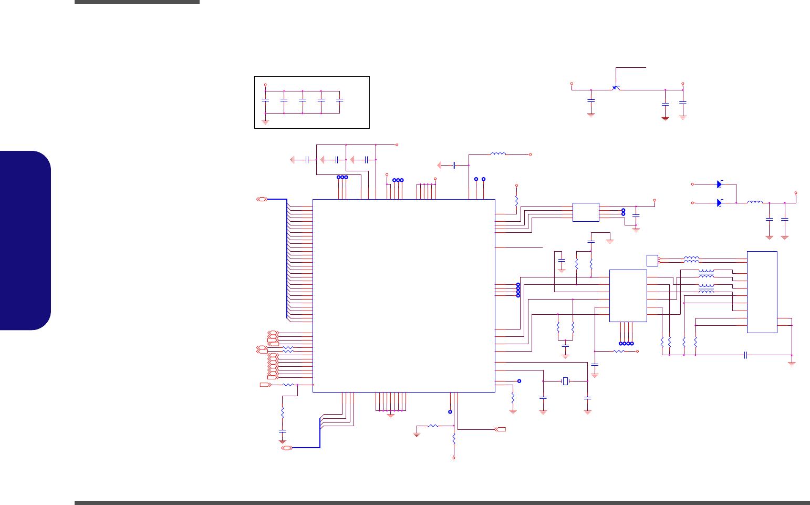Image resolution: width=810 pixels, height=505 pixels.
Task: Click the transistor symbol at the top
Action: (x=616, y=88)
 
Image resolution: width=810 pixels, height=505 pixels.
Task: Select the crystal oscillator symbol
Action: (x=565, y=381)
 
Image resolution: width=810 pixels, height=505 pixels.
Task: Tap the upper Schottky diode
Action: (x=719, y=184)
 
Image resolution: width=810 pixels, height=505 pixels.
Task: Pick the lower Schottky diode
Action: (x=719, y=203)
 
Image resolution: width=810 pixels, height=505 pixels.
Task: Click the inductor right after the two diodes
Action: (x=755, y=202)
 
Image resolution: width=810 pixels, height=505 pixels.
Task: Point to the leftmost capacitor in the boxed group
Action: (x=265, y=99)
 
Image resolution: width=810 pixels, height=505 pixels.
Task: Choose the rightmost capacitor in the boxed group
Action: (x=339, y=99)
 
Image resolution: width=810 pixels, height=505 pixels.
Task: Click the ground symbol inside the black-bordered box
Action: (x=265, y=122)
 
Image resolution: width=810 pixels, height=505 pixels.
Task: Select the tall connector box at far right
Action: (x=762, y=292)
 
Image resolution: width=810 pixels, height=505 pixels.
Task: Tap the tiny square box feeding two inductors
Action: (x=652, y=260)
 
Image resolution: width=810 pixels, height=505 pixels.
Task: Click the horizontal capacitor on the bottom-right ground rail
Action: (x=746, y=355)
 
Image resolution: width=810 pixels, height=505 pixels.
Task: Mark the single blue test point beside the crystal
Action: (x=519, y=381)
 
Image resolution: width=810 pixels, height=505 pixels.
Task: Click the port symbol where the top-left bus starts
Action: (x=262, y=199)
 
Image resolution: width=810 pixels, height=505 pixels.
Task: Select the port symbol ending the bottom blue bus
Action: (x=287, y=448)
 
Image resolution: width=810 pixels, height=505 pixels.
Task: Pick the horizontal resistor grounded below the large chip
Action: (x=433, y=426)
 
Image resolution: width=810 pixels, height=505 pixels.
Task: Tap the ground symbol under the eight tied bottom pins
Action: (x=390, y=415)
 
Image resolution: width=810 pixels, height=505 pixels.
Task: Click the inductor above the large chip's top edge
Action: (x=498, y=154)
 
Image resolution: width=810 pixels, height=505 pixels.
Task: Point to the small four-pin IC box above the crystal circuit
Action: (x=586, y=212)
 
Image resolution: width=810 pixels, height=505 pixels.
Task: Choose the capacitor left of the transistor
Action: (x=591, y=100)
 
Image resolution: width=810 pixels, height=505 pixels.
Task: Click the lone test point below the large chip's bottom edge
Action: (x=450, y=412)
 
